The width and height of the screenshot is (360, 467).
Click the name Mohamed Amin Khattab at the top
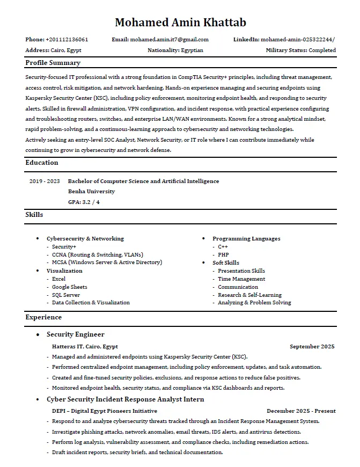[x=180, y=22]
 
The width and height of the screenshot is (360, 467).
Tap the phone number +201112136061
[x=67, y=40]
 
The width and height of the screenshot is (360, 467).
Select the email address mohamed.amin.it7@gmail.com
[x=169, y=40]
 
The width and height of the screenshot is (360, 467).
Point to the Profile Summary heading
[x=53, y=63]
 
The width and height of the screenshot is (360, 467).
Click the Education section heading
[x=42, y=163]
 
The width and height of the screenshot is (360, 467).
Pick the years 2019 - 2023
[x=45, y=181]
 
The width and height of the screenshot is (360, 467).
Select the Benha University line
[x=92, y=191]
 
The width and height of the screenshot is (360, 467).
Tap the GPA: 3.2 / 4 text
[x=84, y=202]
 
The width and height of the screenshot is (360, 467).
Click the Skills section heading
[x=34, y=215]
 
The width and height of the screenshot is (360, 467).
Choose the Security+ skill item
[x=64, y=247]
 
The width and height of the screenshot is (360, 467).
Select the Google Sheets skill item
[x=70, y=287]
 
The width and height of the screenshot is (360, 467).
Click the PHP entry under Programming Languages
[x=224, y=255]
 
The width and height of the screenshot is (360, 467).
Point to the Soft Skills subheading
[x=226, y=263]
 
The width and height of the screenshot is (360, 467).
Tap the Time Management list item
[x=241, y=279]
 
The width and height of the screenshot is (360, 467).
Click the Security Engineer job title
[x=76, y=335]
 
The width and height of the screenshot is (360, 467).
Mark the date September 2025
[x=312, y=347]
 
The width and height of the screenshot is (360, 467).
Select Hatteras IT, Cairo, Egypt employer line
[x=85, y=347]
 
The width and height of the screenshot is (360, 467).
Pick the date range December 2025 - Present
[x=301, y=411]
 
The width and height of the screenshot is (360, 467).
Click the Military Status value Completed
[x=322, y=50]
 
